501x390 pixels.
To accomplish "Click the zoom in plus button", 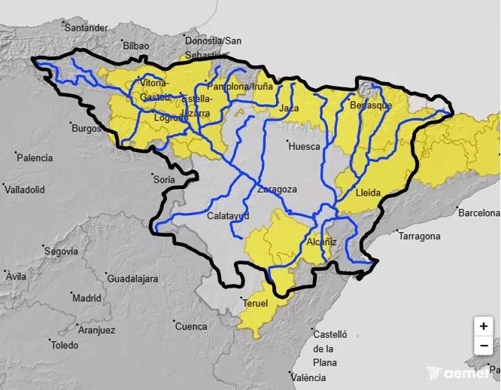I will pyautogui.click(x=483, y=327).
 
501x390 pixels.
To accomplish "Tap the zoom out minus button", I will pyautogui.click(x=483, y=346).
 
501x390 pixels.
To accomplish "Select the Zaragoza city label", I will pyautogui.click(x=277, y=189).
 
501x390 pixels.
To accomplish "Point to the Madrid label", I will pyautogui.click(x=87, y=298).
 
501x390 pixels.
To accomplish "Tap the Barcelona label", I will pyautogui.click(x=479, y=213).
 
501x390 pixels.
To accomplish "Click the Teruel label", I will pyautogui.click(x=256, y=303).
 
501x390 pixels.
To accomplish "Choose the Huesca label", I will pyautogui.click(x=304, y=146).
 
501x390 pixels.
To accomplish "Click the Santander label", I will pyautogui.click(x=87, y=28).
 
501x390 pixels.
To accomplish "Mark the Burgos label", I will pyautogui.click(x=86, y=128).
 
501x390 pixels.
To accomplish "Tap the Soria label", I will pyautogui.click(x=163, y=180).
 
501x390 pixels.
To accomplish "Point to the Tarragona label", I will pyautogui.click(x=419, y=236).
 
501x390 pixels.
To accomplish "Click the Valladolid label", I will pyautogui.click(x=25, y=190).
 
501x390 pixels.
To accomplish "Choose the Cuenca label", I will pyautogui.click(x=190, y=327).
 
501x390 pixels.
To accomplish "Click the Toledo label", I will pyautogui.click(x=64, y=346).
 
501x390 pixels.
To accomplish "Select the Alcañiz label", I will pyautogui.click(x=322, y=242).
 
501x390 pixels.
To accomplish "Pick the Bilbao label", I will pyautogui.click(x=135, y=46).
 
